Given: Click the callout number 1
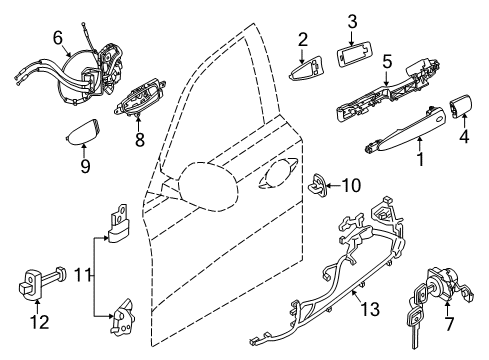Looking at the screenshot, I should (x=419, y=159).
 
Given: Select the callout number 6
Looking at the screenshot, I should (x=58, y=37).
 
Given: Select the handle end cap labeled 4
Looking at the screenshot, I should (x=466, y=108).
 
